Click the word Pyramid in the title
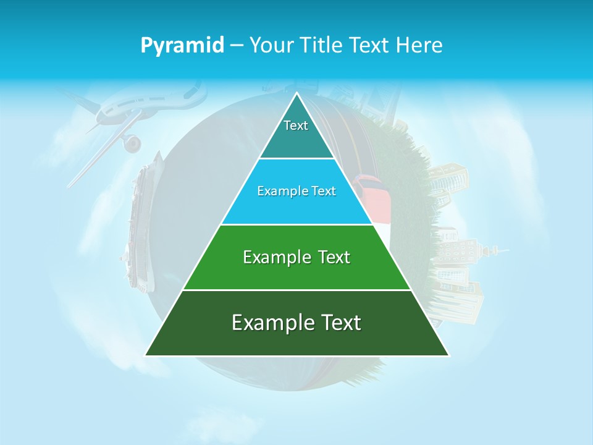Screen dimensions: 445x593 (182, 46)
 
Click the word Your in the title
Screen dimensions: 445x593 (269, 45)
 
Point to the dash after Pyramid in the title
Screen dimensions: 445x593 (237, 46)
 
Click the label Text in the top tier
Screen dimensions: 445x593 (296, 125)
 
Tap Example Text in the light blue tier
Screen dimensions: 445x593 (296, 191)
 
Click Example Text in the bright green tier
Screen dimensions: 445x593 (296, 257)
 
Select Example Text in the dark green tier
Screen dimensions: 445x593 (296, 323)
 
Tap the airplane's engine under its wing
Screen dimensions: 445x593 (132, 144)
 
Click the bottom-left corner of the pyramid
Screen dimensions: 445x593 (146, 355)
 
